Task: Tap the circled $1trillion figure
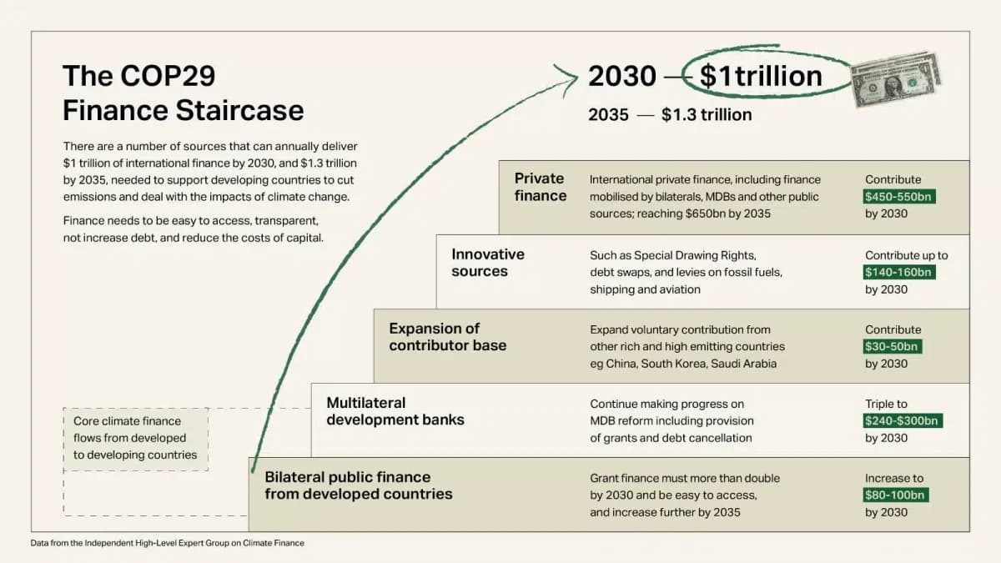760,76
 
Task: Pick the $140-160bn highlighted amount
899,273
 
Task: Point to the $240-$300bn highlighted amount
903,421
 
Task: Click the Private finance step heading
540,188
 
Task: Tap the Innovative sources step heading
488,263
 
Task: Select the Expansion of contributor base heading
448,337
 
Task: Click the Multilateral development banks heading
395,411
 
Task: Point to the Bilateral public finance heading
359,485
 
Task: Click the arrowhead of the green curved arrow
571,76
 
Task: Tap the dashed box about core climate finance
135,438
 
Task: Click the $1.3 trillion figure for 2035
707,115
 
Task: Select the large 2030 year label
622,76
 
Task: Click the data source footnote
168,543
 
